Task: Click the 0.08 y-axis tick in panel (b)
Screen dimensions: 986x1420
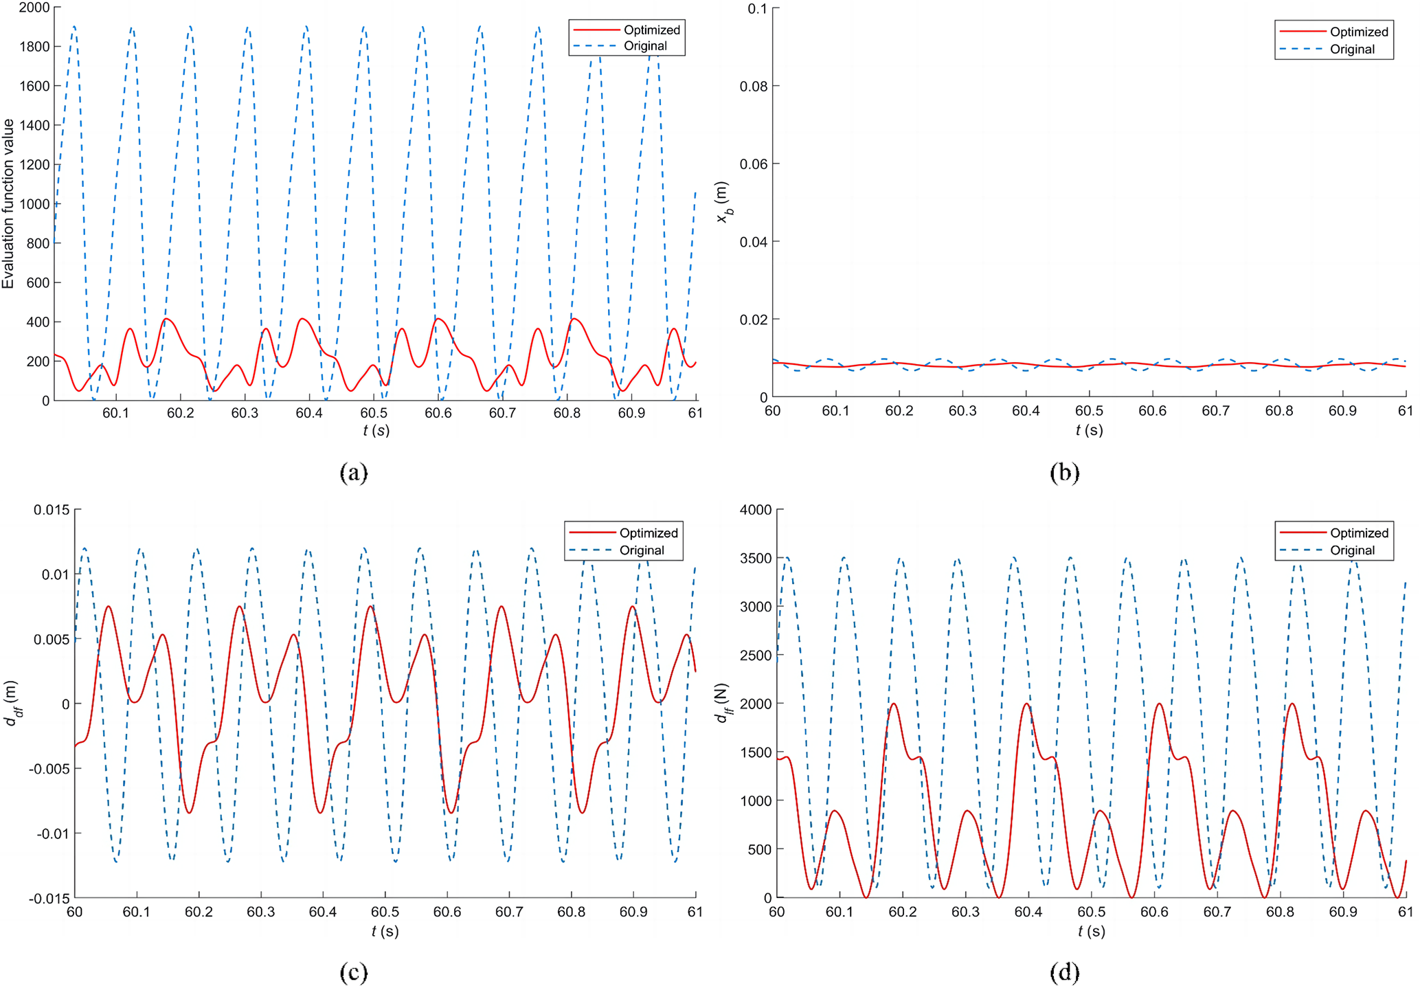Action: click(x=753, y=86)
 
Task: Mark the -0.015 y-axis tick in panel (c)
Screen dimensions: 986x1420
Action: click(x=49, y=898)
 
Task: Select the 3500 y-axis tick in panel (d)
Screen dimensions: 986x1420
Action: click(x=756, y=558)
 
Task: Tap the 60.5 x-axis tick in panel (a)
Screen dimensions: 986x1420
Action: click(x=374, y=413)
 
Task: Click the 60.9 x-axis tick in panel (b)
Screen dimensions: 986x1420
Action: click(x=1342, y=411)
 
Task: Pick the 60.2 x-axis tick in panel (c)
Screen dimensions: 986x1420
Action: click(x=199, y=912)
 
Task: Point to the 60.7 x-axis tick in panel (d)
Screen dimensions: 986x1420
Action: click(x=1217, y=912)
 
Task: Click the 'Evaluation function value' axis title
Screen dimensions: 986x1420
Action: click(x=8, y=204)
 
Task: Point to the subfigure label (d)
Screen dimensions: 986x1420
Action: click(x=1065, y=972)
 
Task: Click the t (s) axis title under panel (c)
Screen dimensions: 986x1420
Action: click(x=385, y=931)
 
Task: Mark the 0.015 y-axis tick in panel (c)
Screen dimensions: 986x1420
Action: click(x=52, y=510)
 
